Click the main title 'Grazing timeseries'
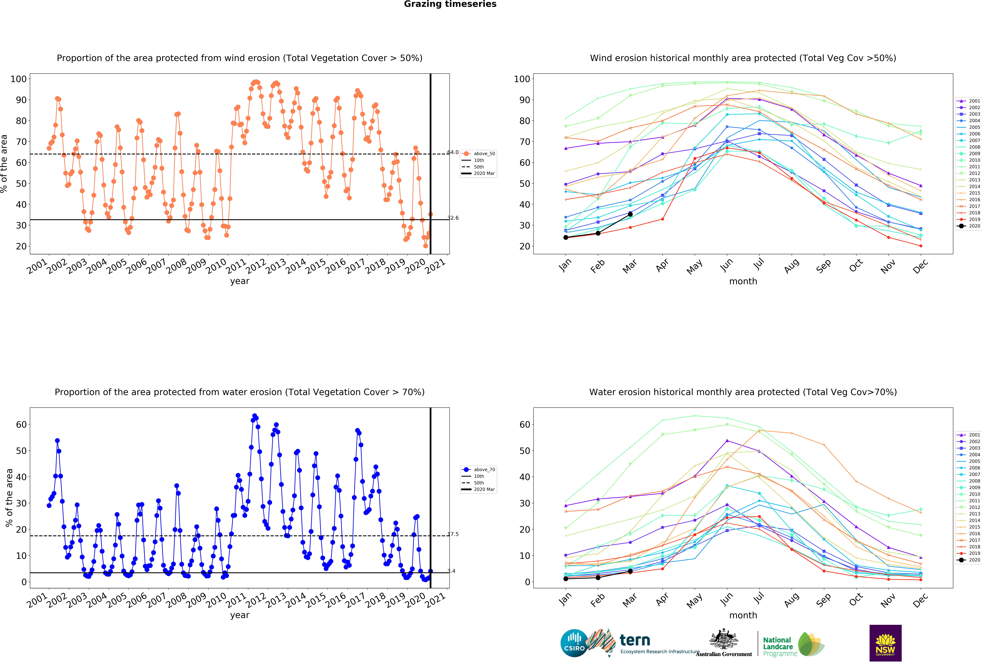[x=450, y=4]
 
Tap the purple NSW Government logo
[x=885, y=643]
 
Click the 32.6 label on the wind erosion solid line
[x=453, y=218]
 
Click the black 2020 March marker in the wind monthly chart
[x=630, y=214]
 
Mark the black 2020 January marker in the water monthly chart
[x=566, y=579]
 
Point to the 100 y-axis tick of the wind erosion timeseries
[x=19, y=79]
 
